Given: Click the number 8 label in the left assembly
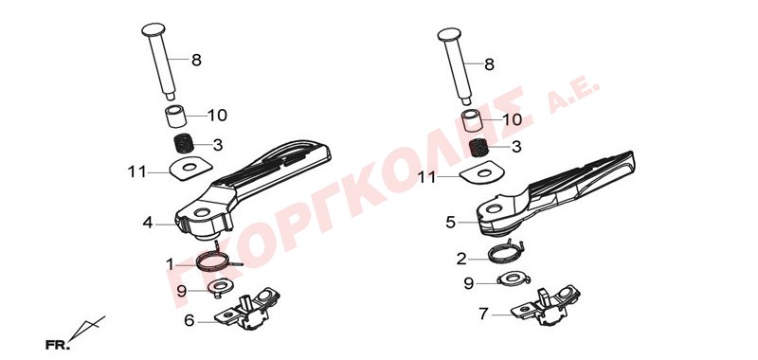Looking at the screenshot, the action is [196, 61].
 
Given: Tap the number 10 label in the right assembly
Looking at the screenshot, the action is [513, 119].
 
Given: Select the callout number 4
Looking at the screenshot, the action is [148, 223].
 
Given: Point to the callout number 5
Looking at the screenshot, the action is [451, 223].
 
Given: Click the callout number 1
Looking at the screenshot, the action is [170, 264].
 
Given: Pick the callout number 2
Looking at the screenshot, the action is [461, 259].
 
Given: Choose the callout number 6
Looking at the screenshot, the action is [189, 320].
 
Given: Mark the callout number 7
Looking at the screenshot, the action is [484, 315].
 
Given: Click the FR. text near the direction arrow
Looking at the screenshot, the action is [58, 346].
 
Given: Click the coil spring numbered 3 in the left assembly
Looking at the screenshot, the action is [184, 143].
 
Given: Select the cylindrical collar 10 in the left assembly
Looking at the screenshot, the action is [176, 116].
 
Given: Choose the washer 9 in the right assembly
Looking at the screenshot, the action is [512, 279].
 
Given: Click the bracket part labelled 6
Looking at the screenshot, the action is [246, 309].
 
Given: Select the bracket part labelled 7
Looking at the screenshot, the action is [546, 305].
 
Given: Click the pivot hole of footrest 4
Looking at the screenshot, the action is [202, 212].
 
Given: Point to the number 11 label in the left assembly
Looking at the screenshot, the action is [136, 171].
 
